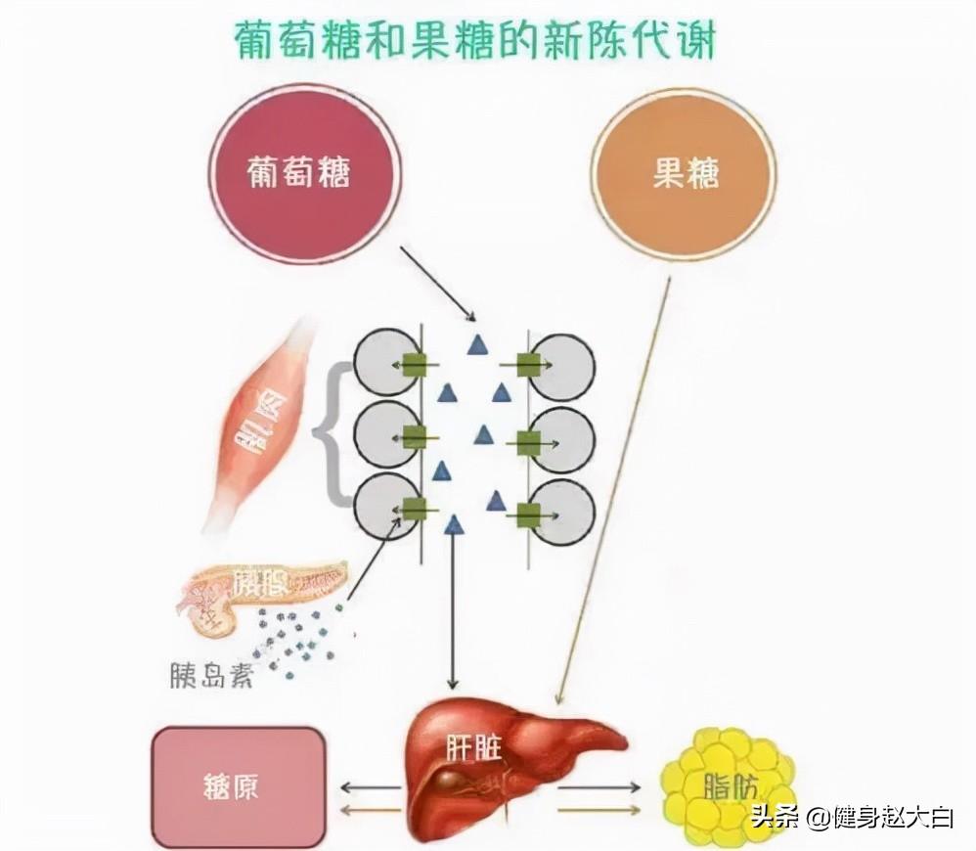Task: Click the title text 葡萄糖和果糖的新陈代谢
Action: tap(476, 41)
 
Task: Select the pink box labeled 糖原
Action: tap(238, 787)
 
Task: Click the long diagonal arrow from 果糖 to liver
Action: tap(614, 489)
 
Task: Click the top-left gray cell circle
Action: tap(383, 364)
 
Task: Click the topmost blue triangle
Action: tap(476, 344)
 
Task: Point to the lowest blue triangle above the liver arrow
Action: tap(453, 526)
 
